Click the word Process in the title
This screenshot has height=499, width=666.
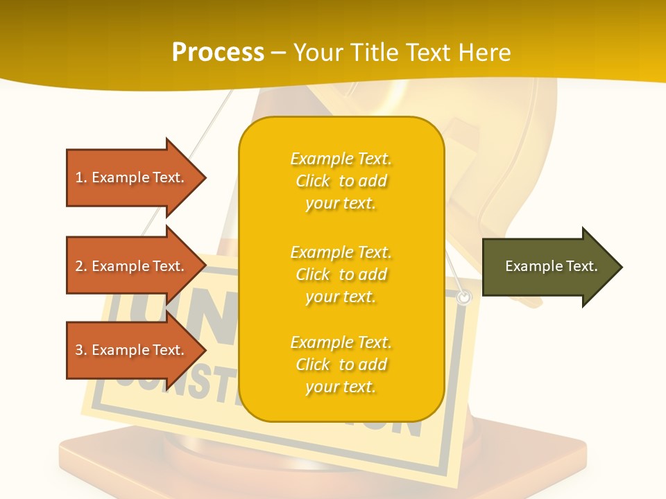[218, 53]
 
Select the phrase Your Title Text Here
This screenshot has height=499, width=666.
[402, 53]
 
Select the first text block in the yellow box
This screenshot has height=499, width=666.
[341, 181]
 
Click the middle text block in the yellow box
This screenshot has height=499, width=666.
[341, 274]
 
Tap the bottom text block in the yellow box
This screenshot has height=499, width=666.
[341, 365]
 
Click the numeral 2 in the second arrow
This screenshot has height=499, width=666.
[79, 266]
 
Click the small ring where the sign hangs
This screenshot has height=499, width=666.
[464, 297]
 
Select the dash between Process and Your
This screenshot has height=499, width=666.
[279, 53]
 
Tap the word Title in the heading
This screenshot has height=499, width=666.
[377, 53]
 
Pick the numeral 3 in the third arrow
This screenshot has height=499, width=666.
[79, 350]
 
